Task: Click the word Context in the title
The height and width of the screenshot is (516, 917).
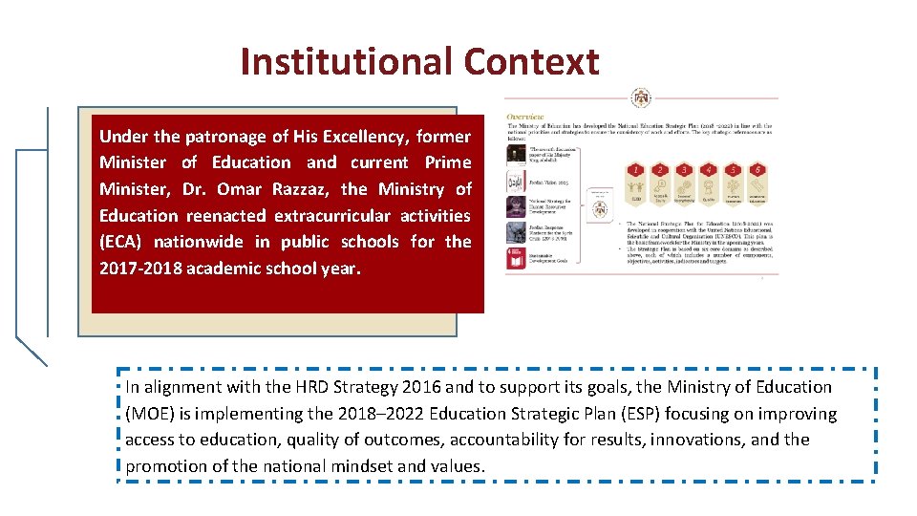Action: tap(532, 62)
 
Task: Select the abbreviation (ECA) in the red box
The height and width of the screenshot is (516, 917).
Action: tap(121, 242)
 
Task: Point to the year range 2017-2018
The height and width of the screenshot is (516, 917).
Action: tap(139, 269)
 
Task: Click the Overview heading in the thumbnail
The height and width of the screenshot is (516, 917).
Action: tap(525, 118)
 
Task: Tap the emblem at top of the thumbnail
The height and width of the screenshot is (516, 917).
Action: tap(641, 98)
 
